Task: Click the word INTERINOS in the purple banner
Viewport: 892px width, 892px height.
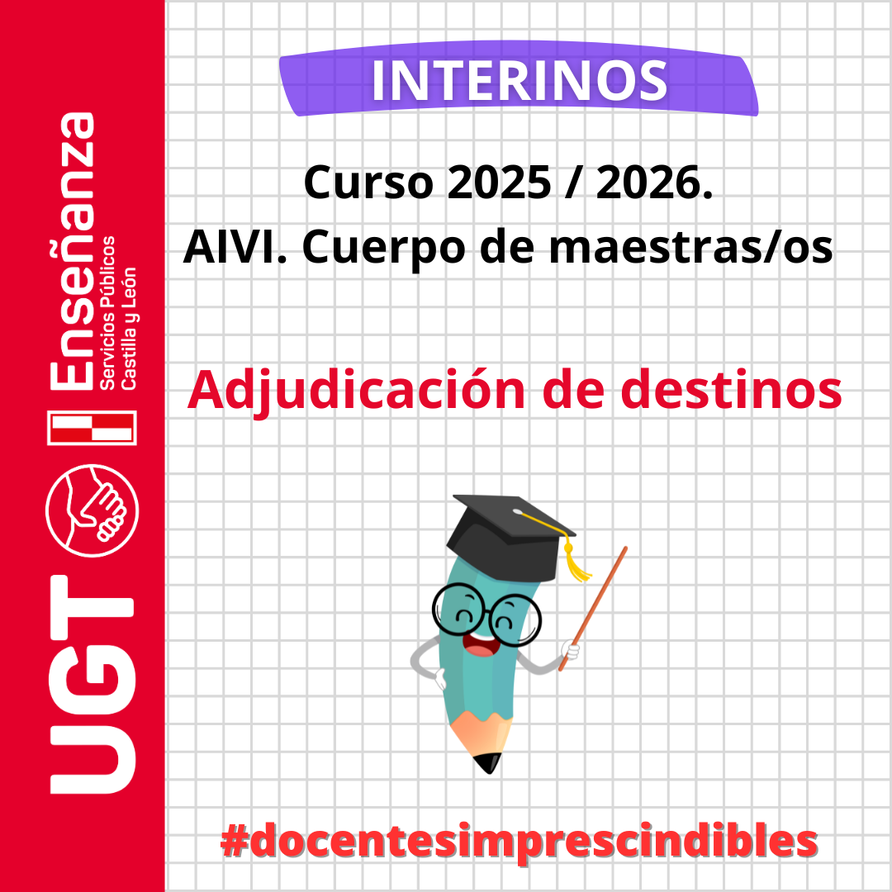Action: click(x=520, y=81)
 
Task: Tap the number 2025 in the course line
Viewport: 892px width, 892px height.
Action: click(x=499, y=183)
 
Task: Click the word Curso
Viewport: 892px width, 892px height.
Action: click(x=368, y=183)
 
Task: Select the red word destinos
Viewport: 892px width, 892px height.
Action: click(x=731, y=390)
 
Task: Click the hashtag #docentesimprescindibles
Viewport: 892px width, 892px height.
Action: click(x=519, y=842)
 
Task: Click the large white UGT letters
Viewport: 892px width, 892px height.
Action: click(x=93, y=685)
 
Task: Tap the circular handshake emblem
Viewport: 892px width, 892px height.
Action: click(x=93, y=510)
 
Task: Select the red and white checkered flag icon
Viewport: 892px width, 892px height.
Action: click(x=93, y=428)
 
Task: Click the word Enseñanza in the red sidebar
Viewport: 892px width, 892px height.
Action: click(x=72, y=251)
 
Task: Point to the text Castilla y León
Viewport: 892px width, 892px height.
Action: click(x=129, y=328)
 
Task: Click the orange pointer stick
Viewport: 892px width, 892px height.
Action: click(x=593, y=609)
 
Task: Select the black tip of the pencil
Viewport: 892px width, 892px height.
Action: click(x=488, y=763)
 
